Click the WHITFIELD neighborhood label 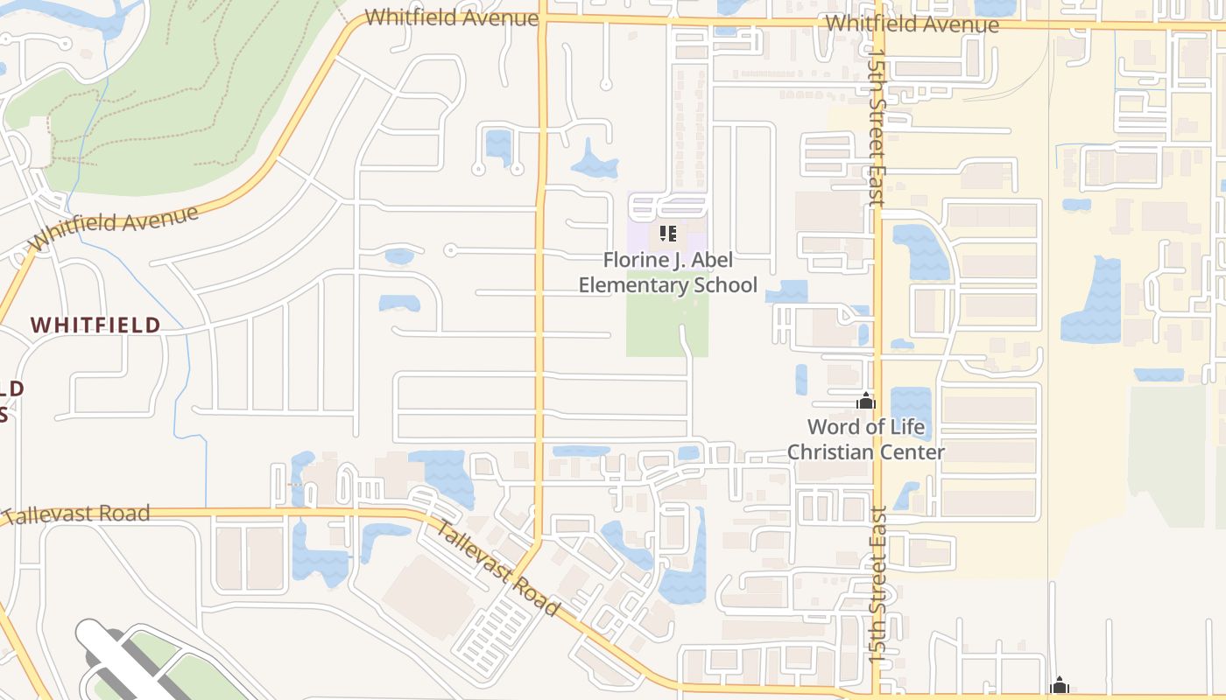coord(95,325)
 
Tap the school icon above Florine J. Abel coord(668,234)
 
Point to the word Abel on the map coord(714,261)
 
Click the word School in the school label coord(724,285)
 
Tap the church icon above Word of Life coord(866,402)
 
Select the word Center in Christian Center coord(905,452)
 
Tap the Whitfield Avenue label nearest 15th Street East coord(912,24)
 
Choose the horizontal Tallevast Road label coord(77,514)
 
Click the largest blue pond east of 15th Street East coord(1092,302)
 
